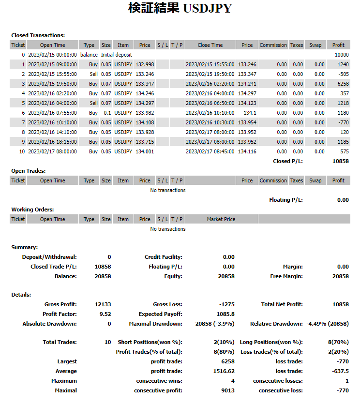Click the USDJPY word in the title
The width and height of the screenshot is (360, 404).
click(208, 9)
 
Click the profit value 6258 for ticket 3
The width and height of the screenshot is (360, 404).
click(342, 84)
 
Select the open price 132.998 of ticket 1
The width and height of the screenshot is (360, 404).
click(145, 64)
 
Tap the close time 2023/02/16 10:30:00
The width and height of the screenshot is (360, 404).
click(210, 122)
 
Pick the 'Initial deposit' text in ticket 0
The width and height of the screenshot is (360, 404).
click(116, 55)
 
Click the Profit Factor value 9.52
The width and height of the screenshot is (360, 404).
click(105, 314)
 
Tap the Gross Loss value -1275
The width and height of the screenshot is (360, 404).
click(227, 304)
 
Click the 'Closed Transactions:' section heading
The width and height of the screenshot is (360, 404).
click(38, 35)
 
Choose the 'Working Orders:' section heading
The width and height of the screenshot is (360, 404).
click(32, 209)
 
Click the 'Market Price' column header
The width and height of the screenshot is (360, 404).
click(221, 219)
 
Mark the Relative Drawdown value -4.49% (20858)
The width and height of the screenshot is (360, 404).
click(328, 324)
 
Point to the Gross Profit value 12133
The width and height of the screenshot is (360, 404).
click(103, 304)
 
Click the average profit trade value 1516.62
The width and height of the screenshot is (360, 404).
click(224, 371)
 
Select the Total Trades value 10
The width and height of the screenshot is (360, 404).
click(108, 342)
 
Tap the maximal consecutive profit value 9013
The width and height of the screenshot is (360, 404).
click(228, 390)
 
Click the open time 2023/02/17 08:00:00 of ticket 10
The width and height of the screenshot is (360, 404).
click(52, 151)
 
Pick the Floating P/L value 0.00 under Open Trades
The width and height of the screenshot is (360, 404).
click(343, 200)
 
